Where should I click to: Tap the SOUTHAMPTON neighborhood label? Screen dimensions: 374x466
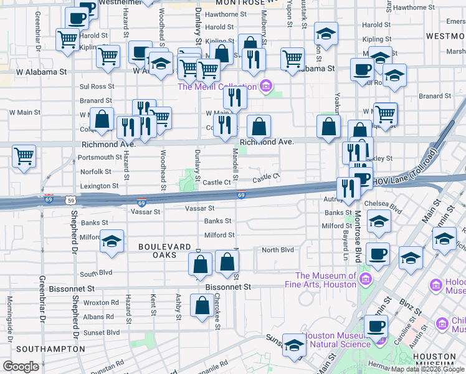50,348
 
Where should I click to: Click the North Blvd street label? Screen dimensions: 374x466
277,250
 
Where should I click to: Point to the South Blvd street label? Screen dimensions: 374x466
96,273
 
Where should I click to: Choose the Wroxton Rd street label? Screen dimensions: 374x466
100,302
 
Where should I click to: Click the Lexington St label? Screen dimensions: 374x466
99,186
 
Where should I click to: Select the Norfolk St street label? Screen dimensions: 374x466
95,171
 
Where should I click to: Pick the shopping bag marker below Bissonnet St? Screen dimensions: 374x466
202,306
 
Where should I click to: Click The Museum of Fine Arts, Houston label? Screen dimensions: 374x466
326,280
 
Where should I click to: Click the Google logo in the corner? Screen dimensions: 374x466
21,367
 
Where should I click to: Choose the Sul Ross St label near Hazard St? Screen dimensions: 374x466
97,87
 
